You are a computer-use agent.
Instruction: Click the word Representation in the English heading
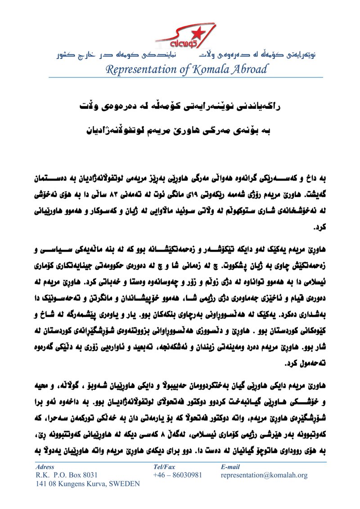pos(141,69)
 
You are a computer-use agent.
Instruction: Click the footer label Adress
pos(45,467)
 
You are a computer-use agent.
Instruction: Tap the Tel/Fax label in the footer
pos(164,467)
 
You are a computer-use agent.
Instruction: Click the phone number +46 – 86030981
pos(178,475)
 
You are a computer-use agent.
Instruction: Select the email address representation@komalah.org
pos(264,475)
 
